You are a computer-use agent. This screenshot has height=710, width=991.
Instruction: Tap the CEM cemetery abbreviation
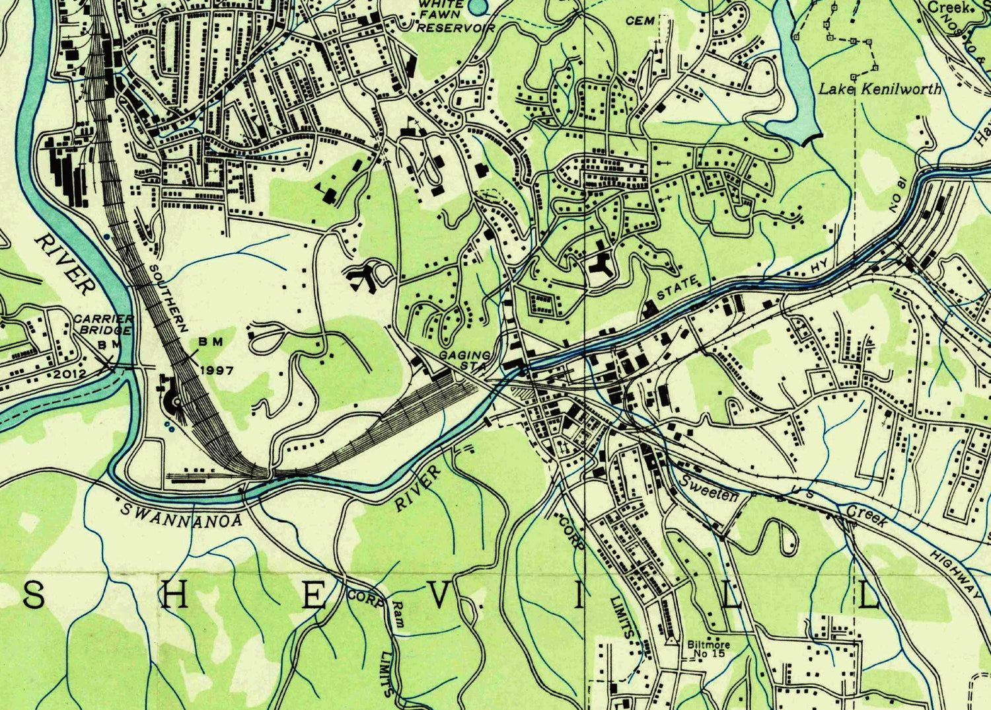640,21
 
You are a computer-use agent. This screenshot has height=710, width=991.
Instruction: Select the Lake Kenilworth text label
880,89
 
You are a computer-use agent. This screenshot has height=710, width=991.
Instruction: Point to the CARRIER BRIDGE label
104,324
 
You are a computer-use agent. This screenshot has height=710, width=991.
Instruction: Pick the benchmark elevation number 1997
215,370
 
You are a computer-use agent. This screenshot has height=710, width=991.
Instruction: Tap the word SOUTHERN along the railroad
168,298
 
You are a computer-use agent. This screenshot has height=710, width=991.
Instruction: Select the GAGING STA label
466,360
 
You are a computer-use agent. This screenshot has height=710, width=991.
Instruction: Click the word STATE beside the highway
677,288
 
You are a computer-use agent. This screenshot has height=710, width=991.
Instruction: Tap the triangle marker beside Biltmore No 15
671,641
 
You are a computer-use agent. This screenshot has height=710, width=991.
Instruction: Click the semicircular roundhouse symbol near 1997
173,400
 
